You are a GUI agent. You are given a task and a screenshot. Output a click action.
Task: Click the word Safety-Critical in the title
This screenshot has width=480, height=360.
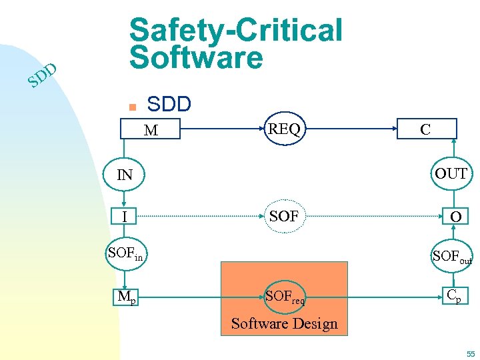coord(235,30)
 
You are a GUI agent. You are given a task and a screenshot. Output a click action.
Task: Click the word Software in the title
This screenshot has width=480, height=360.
coord(197,57)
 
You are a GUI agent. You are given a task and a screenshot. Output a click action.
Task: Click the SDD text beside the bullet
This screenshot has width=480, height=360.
coord(169,104)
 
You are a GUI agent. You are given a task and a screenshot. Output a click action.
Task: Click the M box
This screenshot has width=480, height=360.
coord(151,130)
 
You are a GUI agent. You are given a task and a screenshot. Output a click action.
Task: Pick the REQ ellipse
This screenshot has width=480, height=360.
coord(285,129)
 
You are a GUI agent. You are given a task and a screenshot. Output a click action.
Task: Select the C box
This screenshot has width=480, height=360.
coord(425,129)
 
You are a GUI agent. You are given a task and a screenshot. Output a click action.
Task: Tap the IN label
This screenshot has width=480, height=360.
coord(125,175)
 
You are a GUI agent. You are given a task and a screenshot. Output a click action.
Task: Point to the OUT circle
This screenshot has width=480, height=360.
coord(451,174)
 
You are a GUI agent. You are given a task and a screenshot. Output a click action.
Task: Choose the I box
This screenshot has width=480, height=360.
coord(125,217)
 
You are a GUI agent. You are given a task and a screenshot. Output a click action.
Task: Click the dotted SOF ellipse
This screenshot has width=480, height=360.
coord(284,216)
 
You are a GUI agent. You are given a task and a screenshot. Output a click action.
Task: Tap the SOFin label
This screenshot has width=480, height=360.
coord(125,253)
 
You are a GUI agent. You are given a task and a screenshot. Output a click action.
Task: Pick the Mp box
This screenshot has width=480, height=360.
coord(126,295)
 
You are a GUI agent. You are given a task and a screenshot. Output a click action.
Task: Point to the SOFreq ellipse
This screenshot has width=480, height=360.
coord(285,296)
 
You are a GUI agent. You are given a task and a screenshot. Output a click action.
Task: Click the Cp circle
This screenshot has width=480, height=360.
coord(451,295)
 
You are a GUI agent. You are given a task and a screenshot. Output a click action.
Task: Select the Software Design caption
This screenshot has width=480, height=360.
coord(284,324)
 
